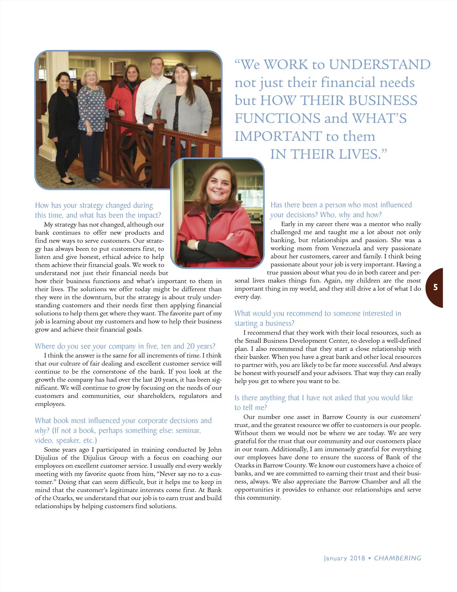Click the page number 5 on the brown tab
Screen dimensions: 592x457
click(x=436, y=287)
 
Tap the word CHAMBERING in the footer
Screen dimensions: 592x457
click(x=398, y=558)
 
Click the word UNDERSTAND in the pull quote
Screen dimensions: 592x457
click(x=380, y=64)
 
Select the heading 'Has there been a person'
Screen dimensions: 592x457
click(x=341, y=205)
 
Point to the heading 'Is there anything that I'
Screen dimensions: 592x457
click(x=323, y=398)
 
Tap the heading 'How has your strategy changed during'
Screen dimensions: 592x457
click(x=94, y=205)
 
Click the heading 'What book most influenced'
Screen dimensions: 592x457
click(x=123, y=420)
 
